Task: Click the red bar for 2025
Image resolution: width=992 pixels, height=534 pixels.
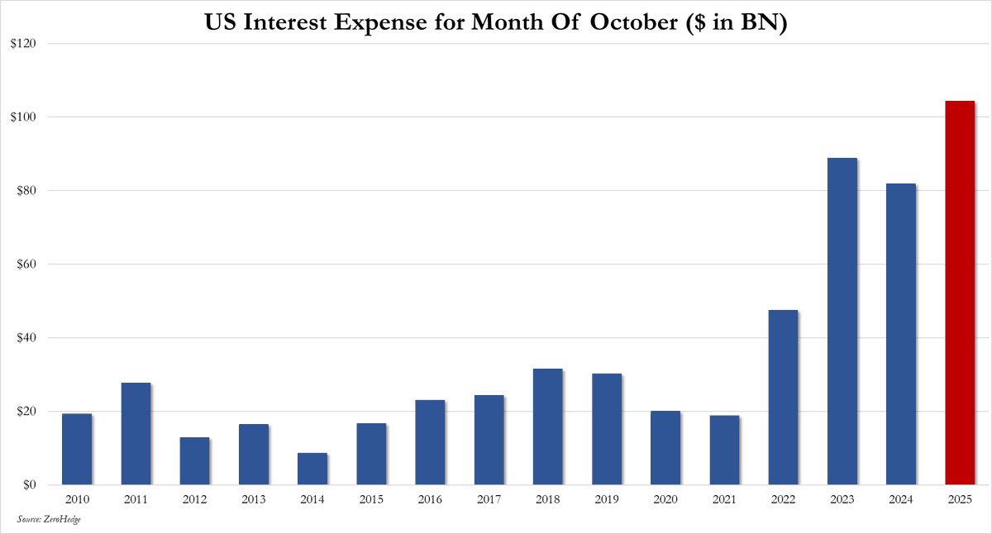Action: (960, 293)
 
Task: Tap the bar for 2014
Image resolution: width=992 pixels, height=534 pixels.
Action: (312, 469)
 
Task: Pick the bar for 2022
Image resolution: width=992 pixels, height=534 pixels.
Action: (783, 397)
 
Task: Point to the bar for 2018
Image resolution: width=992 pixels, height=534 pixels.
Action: (548, 427)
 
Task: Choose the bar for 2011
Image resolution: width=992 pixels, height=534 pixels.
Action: (136, 433)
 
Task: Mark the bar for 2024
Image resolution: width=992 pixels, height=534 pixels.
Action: (901, 334)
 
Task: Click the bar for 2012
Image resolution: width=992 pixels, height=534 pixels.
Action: (194, 460)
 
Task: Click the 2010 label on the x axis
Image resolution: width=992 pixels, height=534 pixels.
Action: (77, 499)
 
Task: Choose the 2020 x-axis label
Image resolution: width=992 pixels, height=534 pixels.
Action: (665, 499)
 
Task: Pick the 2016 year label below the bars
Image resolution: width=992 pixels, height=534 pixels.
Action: (430, 499)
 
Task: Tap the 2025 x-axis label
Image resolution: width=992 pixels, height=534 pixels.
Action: (960, 499)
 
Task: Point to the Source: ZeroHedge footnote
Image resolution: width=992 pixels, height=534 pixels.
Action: (49, 518)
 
